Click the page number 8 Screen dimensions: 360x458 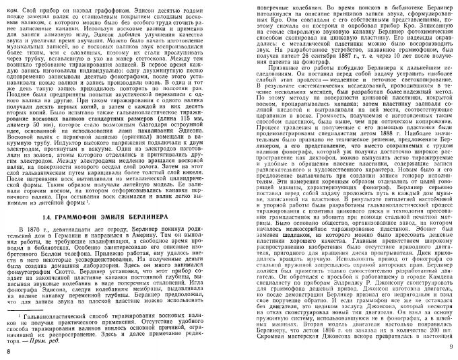(x=7, y=353)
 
